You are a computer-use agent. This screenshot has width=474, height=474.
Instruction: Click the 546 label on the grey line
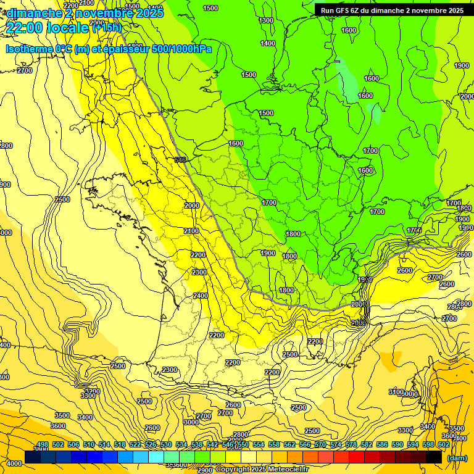180,160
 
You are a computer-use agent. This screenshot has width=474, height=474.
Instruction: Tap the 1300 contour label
266,20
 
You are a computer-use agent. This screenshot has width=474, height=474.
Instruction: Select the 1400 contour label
268,43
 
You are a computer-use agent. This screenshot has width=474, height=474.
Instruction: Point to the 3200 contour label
92,391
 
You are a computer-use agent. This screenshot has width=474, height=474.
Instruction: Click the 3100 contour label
396,392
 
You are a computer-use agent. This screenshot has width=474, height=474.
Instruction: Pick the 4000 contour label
14,463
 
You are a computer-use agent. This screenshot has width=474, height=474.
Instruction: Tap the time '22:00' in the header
25,27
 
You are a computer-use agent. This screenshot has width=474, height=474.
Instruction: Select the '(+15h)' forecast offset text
106,27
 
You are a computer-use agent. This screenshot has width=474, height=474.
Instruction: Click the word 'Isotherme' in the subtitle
28,49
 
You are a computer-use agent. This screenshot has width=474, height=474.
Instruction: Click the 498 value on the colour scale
42,444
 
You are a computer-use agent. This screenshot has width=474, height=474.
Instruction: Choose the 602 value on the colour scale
443,444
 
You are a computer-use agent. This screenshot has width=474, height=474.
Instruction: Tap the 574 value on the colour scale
336,444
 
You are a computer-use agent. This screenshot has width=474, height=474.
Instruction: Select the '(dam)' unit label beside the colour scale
457,458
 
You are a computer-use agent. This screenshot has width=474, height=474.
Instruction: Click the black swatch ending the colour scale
434,457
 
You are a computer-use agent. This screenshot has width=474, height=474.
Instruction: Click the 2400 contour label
200,296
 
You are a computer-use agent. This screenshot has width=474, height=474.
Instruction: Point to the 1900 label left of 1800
268,253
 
